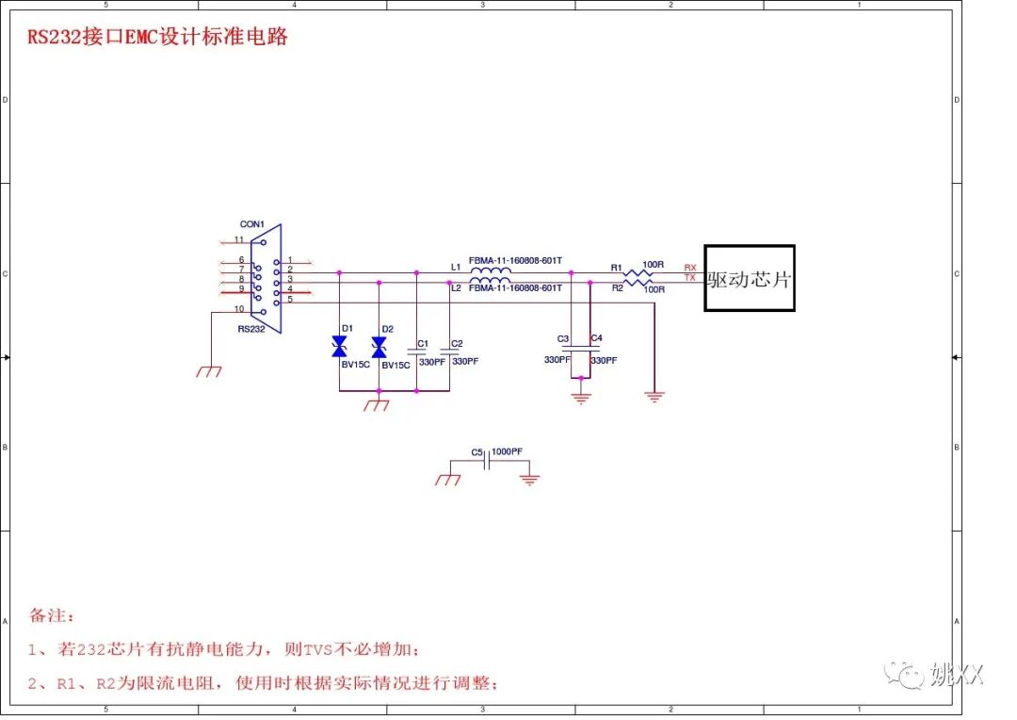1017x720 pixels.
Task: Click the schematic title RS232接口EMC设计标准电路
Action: click(156, 38)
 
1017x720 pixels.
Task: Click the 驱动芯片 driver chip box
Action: click(750, 278)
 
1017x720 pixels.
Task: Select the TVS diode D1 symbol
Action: click(340, 349)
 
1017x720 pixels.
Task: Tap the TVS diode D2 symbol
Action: click(379, 349)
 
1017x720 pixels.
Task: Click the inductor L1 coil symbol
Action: click(490, 271)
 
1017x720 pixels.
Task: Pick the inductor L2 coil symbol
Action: click(490, 281)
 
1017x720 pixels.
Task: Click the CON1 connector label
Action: click(251, 224)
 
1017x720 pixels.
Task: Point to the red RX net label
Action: click(690, 268)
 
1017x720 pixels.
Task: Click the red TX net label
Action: click(690, 278)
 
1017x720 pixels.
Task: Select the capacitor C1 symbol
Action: click(417, 355)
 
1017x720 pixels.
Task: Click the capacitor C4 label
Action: click(596, 338)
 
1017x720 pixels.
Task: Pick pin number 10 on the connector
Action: click(239, 309)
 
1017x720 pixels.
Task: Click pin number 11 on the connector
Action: click(239, 240)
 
